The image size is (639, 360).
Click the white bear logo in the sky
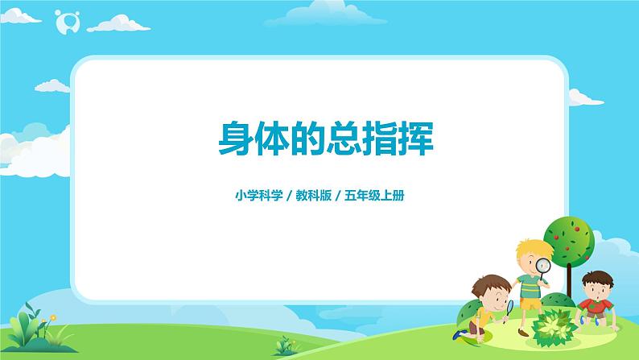(x=66, y=23)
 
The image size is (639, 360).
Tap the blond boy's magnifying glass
(x=544, y=266)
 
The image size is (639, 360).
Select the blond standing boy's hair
(x=528, y=246)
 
